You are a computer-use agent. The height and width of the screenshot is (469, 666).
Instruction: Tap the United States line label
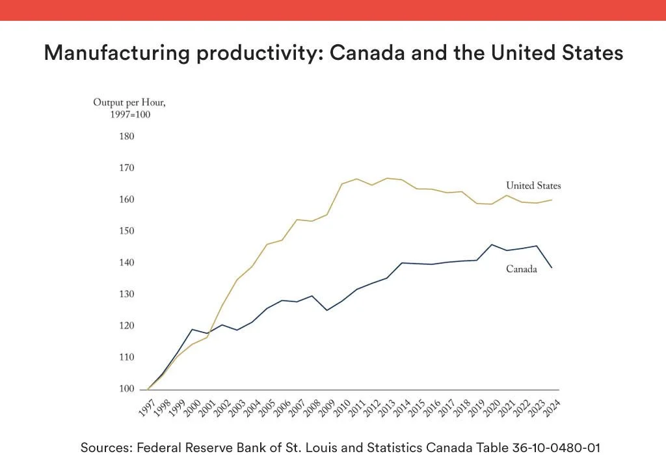pyautogui.click(x=533, y=186)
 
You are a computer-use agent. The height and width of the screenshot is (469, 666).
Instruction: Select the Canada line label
pyautogui.click(x=522, y=269)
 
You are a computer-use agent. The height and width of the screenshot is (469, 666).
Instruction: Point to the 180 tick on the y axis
pyautogui.click(x=126, y=137)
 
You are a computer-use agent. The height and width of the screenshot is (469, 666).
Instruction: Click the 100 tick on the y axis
pyautogui.click(x=126, y=389)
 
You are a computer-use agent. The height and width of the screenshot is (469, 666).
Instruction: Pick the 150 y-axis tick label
pyautogui.click(x=126, y=232)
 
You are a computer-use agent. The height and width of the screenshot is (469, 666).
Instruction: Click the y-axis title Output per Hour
pyautogui.click(x=134, y=103)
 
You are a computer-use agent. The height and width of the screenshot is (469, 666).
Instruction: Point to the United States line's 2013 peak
pyautogui.click(x=388, y=178)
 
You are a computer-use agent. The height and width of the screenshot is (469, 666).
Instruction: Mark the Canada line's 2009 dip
pyautogui.click(x=326, y=310)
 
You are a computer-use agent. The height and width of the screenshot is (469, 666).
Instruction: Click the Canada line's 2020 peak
pyautogui.click(x=492, y=245)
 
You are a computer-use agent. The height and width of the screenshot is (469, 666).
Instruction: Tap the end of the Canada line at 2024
pyautogui.click(x=552, y=267)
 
